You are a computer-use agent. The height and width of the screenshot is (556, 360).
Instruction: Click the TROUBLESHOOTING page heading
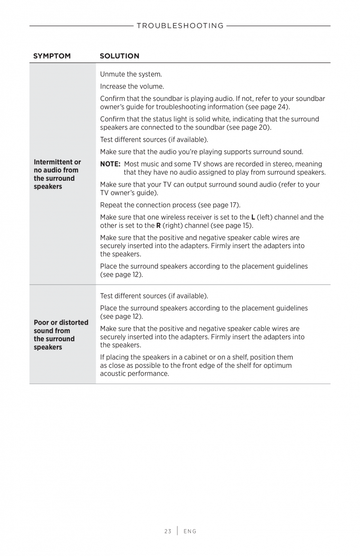pyautogui.click(x=180, y=26)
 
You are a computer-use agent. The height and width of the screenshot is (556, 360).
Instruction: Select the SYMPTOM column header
pyautogui.click(x=52, y=56)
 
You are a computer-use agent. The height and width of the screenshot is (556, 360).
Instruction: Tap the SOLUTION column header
pyautogui.click(x=119, y=56)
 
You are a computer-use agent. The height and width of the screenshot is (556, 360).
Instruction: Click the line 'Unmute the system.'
pyautogui.click(x=131, y=74)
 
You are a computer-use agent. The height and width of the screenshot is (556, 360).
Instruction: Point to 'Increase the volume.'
pyautogui.click(x=132, y=86)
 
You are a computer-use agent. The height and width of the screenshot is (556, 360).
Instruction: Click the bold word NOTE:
pyautogui.click(x=110, y=164)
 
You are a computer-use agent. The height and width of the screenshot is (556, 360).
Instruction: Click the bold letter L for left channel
pyautogui.click(x=253, y=217)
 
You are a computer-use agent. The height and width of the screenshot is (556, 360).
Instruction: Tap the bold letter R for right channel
pyautogui.click(x=158, y=225)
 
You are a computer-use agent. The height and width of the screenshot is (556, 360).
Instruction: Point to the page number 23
pyautogui.click(x=168, y=531)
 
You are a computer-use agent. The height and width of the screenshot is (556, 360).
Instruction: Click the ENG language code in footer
pyautogui.click(x=190, y=531)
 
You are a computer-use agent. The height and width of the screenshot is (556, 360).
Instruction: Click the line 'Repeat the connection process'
pyautogui.click(x=148, y=205)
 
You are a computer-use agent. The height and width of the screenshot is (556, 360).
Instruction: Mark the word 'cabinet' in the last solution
pyautogui.click(x=185, y=357)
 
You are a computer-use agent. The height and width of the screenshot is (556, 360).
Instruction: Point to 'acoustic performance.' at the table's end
pyautogui.click(x=135, y=374)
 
